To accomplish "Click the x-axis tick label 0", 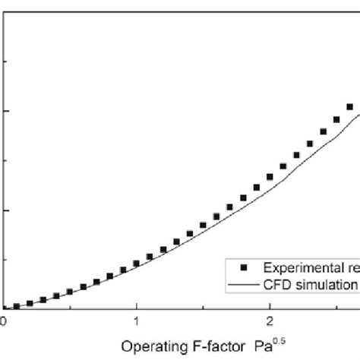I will (x=3, y=321).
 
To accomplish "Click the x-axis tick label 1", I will (x=137, y=321).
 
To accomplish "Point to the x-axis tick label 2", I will (x=270, y=321).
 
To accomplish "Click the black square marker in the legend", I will (x=242, y=267).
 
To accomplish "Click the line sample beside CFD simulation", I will (x=242, y=284).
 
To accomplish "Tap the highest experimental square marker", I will (x=350, y=107).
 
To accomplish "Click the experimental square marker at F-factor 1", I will (x=137, y=264).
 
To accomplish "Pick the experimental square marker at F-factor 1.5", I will (x=204, y=225).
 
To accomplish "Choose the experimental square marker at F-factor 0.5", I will (x=70, y=292).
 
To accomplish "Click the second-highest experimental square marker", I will (x=336, y=119).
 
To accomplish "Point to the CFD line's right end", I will (x=358, y=115).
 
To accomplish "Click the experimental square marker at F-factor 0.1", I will (x=17, y=306).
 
